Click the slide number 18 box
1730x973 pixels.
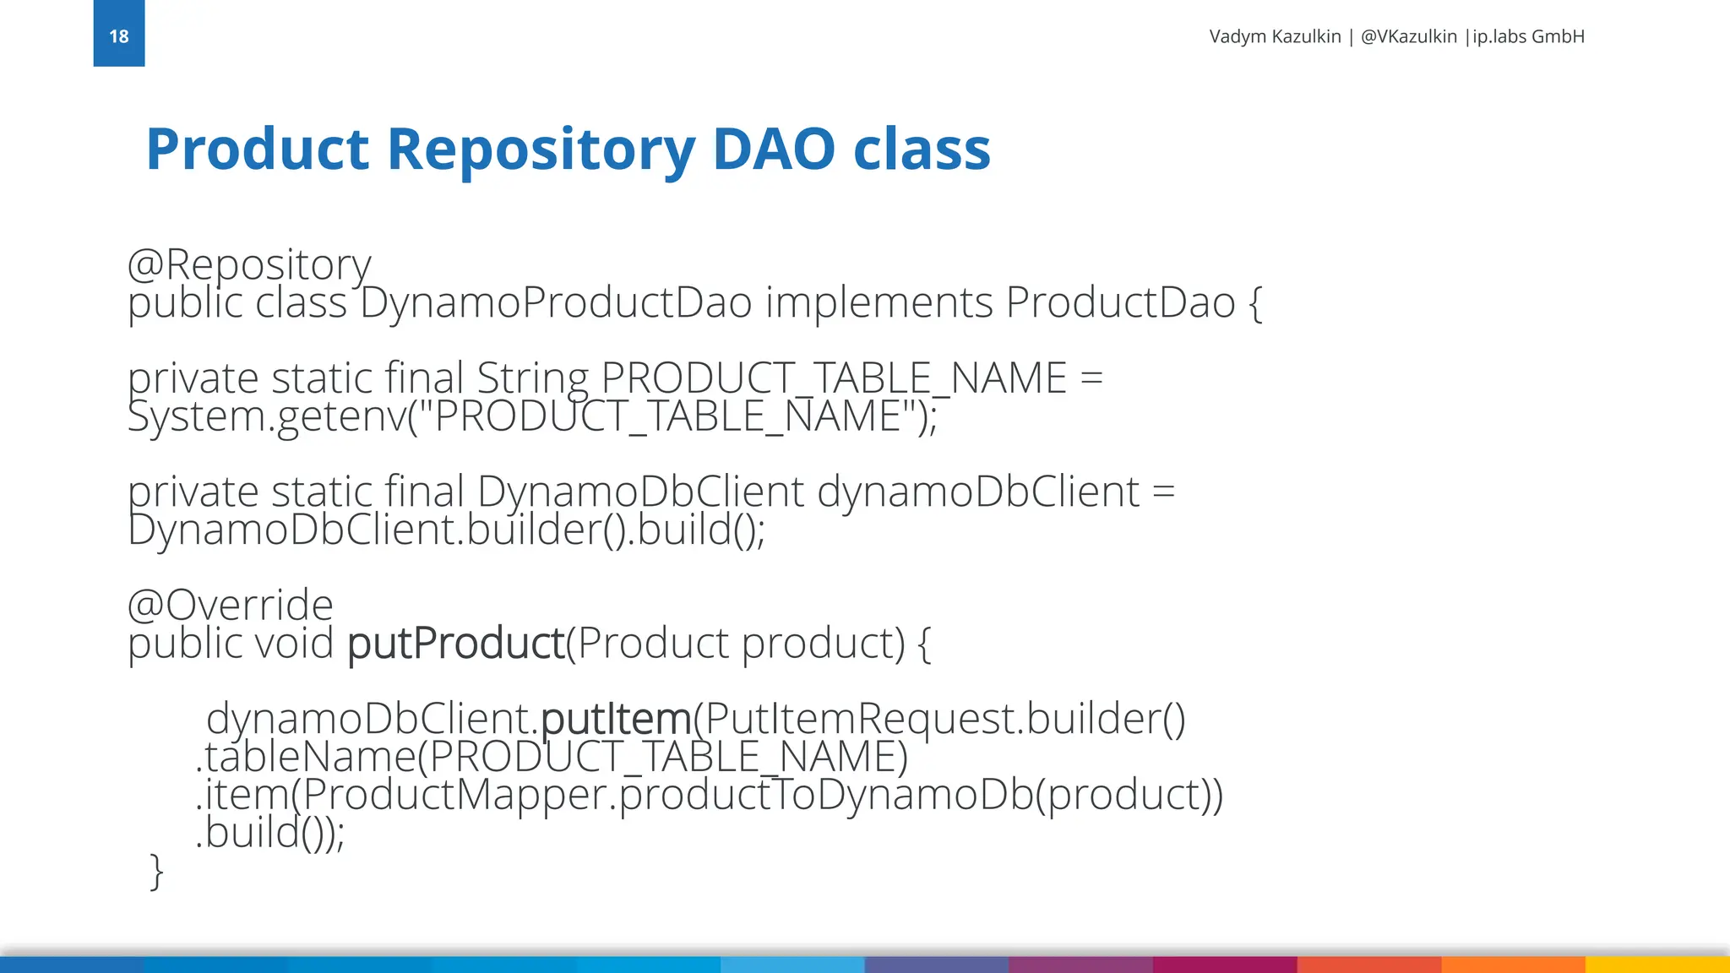pos(119,34)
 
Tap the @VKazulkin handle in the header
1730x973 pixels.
pos(1408,36)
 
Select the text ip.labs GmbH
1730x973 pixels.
pos(1528,36)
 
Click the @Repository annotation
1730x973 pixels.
pos(248,265)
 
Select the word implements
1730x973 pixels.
pos(879,302)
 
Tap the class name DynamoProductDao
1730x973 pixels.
pos(556,302)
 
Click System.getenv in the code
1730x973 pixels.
pos(266,416)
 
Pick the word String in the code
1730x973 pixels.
pos(532,378)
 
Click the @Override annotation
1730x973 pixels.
pos(230,605)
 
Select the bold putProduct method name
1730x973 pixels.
pos(455,644)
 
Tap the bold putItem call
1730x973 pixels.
pos(616,719)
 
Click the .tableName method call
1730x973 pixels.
pos(305,757)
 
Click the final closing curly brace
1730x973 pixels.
pos(156,871)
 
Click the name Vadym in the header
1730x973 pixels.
pos(1238,36)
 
